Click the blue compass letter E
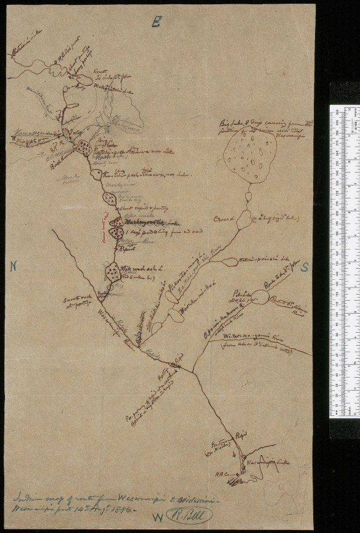pyautogui.click(x=157, y=23)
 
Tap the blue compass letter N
pyautogui.click(x=13, y=266)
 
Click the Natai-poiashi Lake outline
pyautogui.click(x=228, y=262)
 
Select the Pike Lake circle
pyautogui.click(x=260, y=298)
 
